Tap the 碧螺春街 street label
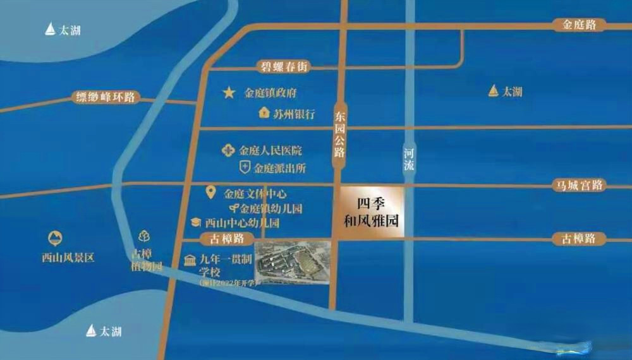click(284, 66)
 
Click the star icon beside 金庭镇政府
click(228, 93)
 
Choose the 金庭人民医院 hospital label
click(270, 151)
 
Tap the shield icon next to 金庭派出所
click(245, 168)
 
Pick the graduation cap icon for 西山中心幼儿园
click(197, 222)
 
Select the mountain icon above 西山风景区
click(56, 239)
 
